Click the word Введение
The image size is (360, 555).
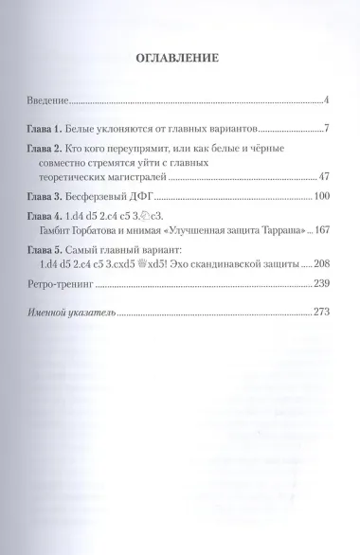point(47,99)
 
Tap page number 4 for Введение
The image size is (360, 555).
point(325,99)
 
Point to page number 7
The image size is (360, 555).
point(325,127)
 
